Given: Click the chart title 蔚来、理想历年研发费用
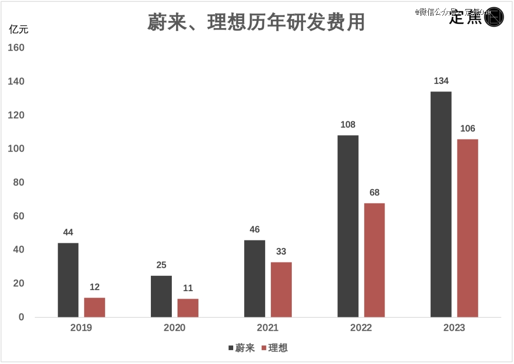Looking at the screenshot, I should [x=256, y=22].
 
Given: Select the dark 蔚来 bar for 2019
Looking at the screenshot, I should [x=68, y=280].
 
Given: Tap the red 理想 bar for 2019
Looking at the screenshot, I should [x=95, y=307].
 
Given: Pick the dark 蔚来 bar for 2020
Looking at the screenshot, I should [x=161, y=296].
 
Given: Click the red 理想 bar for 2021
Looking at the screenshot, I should [x=281, y=289].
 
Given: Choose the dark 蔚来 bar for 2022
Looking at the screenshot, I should [x=348, y=226].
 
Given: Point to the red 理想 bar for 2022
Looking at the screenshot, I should [x=375, y=260].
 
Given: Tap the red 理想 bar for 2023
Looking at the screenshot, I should [x=468, y=228].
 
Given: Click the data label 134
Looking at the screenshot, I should [x=441, y=81].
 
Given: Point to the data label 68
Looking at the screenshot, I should [x=375, y=193].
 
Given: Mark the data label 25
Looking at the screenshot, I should [x=161, y=265].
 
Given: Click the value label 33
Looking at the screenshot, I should [x=281, y=252].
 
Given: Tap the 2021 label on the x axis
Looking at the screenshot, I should [x=267, y=328].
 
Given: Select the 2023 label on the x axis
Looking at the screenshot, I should [x=454, y=328].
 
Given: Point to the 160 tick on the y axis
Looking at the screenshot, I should [x=16, y=48].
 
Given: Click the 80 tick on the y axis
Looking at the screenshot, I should [x=19, y=182].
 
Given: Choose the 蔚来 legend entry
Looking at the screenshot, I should [x=241, y=348].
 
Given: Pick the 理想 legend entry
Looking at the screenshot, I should [x=275, y=348].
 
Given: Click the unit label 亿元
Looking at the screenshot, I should [x=19, y=29].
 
